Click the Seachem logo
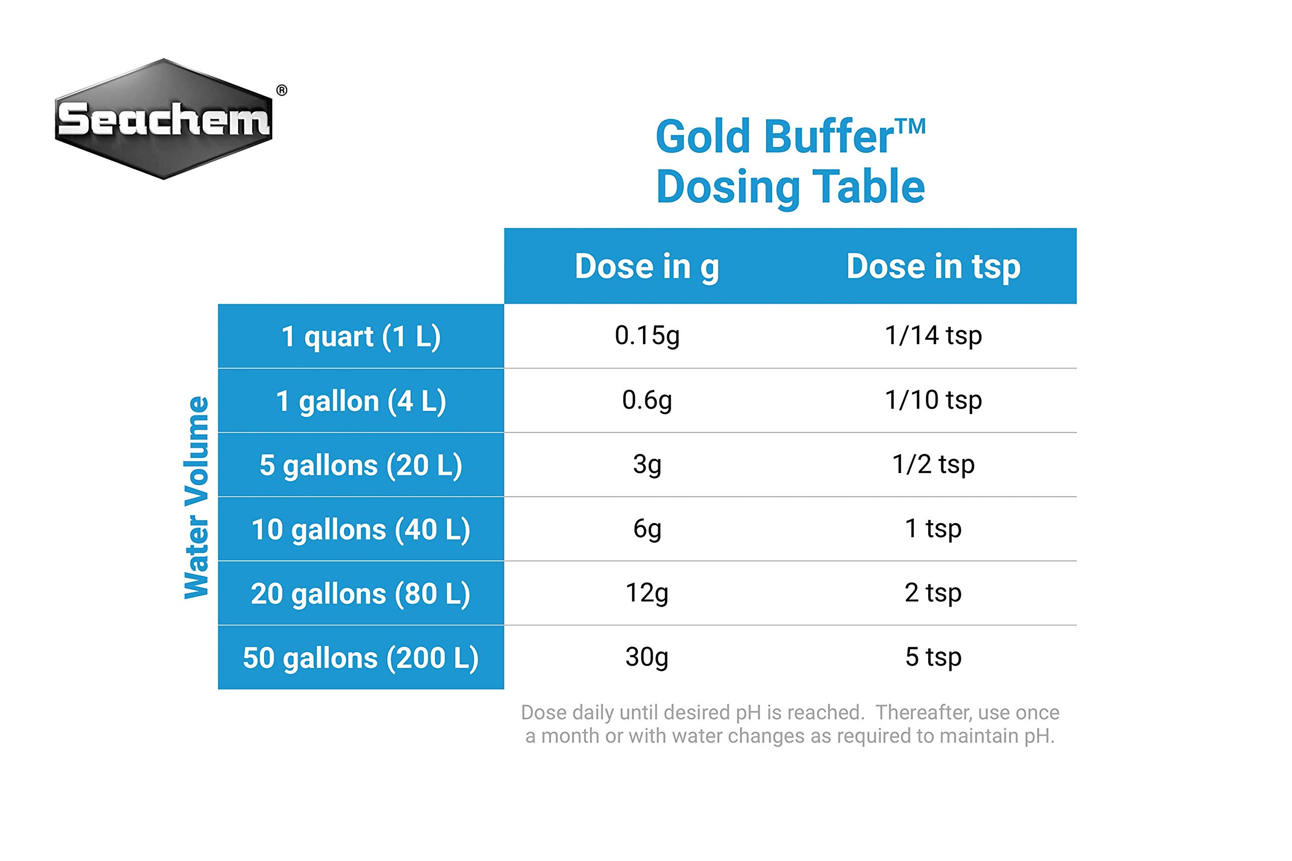click(x=164, y=119)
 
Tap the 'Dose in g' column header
click(x=647, y=267)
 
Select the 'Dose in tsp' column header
click(x=933, y=267)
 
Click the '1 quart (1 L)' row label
click(x=361, y=336)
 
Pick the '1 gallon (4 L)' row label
click(x=361, y=401)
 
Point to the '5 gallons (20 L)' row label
click(x=361, y=465)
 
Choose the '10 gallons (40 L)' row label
click(x=361, y=529)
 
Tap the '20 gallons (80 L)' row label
click(x=361, y=594)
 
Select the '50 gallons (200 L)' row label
click(x=361, y=658)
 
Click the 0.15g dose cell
click(x=647, y=335)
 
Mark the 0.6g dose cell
click(x=647, y=400)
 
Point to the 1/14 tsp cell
click(x=933, y=335)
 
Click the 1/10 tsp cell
click(x=933, y=400)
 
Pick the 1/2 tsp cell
click(x=933, y=465)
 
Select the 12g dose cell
click(x=647, y=593)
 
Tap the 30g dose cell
click(x=647, y=657)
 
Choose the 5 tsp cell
click(x=933, y=657)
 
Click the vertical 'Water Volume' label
click(x=197, y=497)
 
